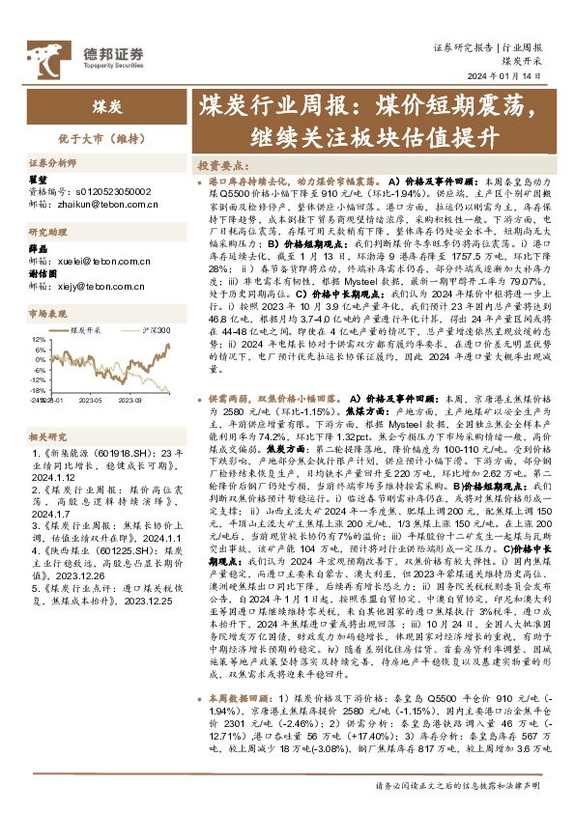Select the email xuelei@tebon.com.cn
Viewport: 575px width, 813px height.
click(x=92, y=260)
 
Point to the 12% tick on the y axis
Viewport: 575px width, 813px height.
click(x=39, y=339)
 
